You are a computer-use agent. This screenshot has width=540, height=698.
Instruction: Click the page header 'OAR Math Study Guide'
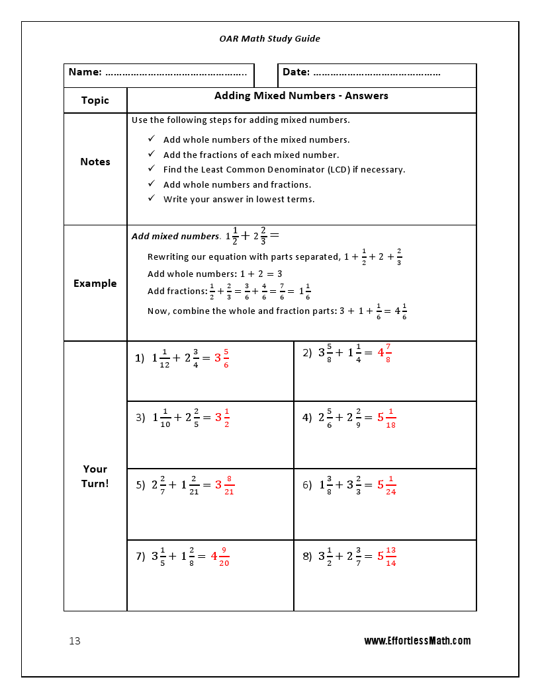pos(269,39)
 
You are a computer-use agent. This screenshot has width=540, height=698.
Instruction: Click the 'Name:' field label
pos(85,72)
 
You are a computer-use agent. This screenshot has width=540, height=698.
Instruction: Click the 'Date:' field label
pos(296,72)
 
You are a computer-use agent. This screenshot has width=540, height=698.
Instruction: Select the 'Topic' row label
pos(95,100)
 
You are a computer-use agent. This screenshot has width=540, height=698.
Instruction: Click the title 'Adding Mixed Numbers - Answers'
pos(301,96)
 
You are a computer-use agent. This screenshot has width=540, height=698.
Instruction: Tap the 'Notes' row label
pos(95,162)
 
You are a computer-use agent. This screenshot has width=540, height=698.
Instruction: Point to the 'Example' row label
pos(95,284)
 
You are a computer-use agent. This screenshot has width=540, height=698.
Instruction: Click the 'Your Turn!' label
pos(95,476)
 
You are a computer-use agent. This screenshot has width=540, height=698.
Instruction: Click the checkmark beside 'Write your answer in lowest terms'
pos(151,199)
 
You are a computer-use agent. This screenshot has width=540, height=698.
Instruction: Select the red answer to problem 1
pos(222,358)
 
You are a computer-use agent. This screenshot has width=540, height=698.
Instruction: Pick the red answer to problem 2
pos(384,353)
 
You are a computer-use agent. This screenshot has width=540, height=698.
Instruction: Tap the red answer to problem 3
pos(222,418)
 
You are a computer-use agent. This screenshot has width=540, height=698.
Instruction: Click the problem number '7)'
pos(140,557)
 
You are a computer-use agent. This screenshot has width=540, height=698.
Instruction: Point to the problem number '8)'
pos(307,557)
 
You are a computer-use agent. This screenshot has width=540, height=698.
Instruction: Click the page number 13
pos(75,641)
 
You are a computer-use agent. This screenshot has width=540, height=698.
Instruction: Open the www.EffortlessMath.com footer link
pos(418,640)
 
